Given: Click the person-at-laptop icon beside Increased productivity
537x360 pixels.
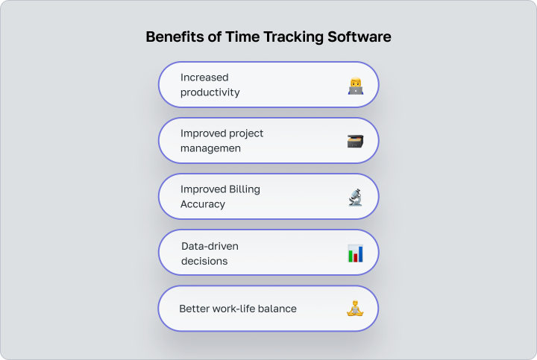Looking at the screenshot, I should click(x=355, y=86).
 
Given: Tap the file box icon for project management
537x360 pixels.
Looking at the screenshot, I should click(x=355, y=141).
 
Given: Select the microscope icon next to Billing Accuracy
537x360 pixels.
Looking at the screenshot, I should click(x=355, y=197).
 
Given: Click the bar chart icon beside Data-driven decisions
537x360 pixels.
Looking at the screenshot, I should click(x=355, y=253).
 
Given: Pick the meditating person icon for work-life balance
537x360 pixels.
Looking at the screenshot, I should click(x=355, y=308).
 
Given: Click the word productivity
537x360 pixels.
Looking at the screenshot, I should click(x=210, y=92).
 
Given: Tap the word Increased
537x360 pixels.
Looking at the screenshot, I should click(x=204, y=78).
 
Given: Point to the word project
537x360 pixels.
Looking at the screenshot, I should click(x=245, y=133).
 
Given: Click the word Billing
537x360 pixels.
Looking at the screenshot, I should click(x=244, y=189).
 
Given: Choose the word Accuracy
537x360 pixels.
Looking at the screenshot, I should click(x=203, y=204).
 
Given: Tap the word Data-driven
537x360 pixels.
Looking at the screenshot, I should click(x=210, y=246).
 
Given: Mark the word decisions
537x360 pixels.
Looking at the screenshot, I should click(x=204, y=261).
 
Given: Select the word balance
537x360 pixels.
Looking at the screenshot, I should click(x=278, y=309).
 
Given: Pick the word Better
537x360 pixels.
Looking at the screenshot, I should click(x=194, y=309).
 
